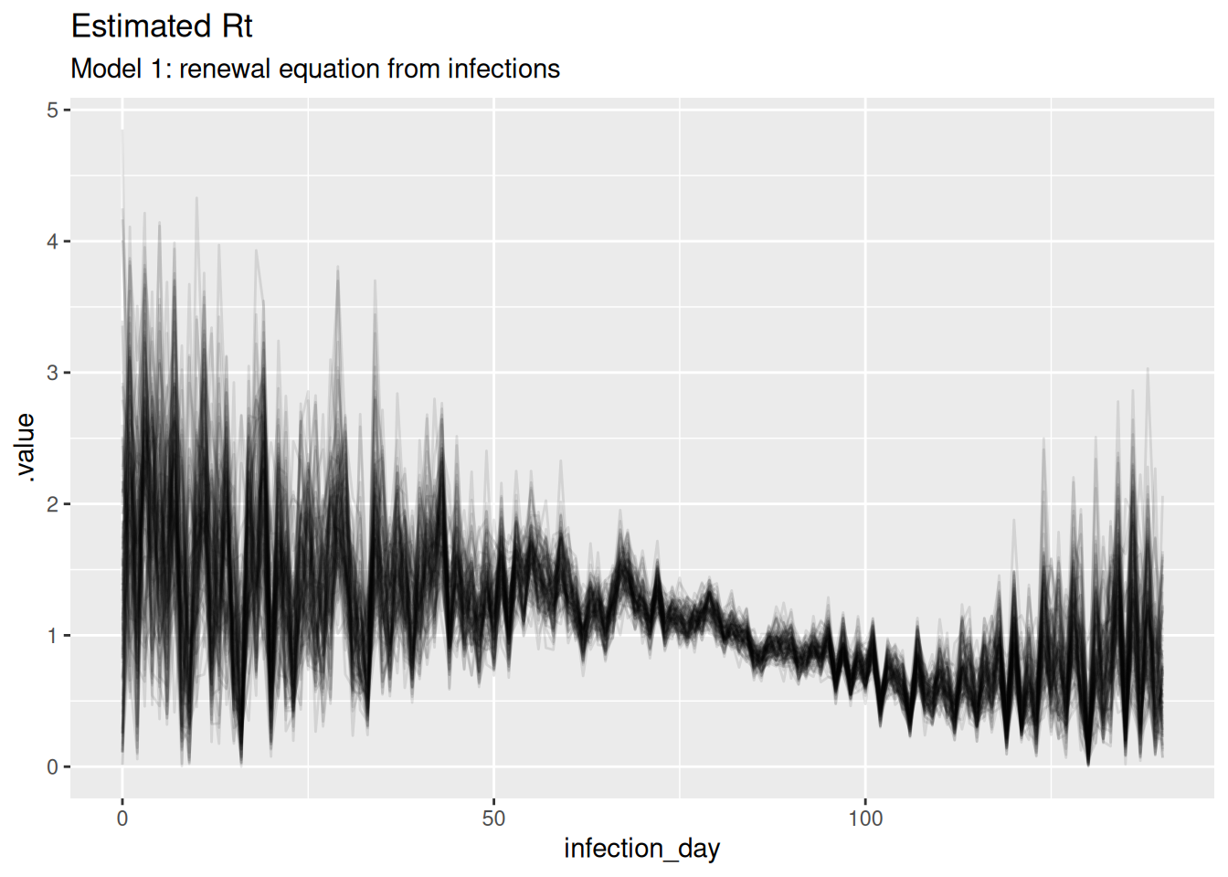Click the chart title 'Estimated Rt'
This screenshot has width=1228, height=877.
[162, 26]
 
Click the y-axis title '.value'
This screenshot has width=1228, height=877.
[26, 448]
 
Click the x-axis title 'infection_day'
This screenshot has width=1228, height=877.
[641, 849]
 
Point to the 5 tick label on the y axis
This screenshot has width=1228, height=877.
[52, 111]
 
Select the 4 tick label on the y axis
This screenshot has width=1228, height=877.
[52, 242]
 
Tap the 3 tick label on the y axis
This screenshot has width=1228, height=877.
[52, 373]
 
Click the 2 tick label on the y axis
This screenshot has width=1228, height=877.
[52, 504]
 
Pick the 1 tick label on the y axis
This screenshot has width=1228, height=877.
[52, 636]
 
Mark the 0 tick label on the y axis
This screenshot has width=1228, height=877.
[52, 767]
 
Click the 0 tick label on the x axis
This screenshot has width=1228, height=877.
[122, 819]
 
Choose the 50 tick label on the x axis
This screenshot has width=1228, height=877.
[493, 819]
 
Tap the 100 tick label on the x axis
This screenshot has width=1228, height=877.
[865, 819]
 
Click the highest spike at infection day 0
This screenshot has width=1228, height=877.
[122, 131]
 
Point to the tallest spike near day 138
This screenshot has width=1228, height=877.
[1147, 369]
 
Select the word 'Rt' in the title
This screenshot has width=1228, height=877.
[237, 26]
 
